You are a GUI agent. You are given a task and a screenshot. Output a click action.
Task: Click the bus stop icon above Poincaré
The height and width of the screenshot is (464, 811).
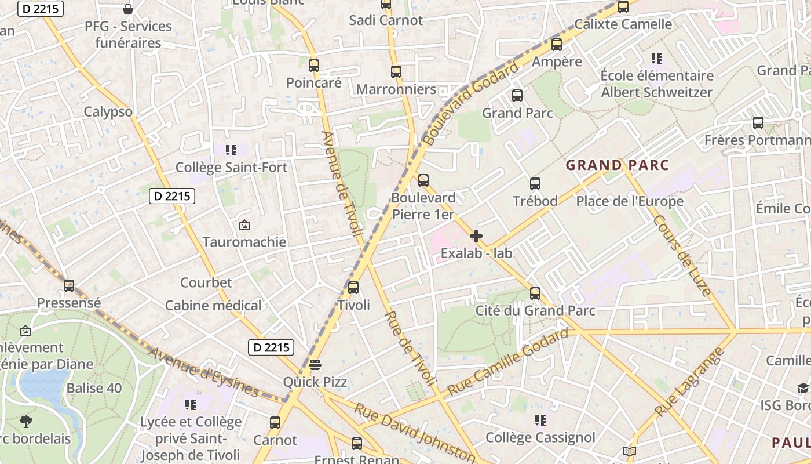[x=314, y=66]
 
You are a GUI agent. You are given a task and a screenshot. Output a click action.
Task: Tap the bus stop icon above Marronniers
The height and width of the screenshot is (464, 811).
[x=396, y=72]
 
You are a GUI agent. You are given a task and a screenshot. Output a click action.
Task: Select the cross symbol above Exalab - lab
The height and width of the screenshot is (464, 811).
[x=476, y=236]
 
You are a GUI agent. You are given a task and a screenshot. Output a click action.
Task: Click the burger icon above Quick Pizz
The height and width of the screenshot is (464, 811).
[x=315, y=365]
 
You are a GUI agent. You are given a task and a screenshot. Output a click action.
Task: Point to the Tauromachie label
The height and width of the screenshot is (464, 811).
[x=244, y=242]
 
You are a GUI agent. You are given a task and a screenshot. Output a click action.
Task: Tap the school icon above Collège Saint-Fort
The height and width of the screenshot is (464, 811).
[x=231, y=150]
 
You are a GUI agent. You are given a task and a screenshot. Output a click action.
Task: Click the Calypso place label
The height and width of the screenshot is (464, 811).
[x=108, y=112]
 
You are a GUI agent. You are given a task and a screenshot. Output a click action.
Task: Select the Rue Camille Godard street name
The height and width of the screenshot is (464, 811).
[x=508, y=362]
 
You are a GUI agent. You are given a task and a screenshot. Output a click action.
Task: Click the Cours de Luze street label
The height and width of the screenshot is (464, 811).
[x=682, y=255]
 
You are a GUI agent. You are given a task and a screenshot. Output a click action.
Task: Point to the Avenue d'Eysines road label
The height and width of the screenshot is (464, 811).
[x=202, y=372]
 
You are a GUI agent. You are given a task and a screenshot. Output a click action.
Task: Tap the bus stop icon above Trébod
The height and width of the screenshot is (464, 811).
[x=535, y=184]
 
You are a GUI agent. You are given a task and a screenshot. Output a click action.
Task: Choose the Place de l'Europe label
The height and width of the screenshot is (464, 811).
[x=630, y=201]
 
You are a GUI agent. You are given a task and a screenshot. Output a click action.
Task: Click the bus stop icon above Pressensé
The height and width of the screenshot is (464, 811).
[x=69, y=285]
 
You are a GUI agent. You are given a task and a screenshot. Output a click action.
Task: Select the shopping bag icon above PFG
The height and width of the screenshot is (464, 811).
[x=128, y=9]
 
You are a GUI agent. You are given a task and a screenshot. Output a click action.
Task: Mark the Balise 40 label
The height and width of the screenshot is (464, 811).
[x=94, y=388]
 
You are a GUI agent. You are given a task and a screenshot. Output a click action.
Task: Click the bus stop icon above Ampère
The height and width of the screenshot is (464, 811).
[x=557, y=44]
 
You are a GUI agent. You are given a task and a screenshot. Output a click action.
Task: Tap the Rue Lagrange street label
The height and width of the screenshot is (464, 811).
[x=690, y=382]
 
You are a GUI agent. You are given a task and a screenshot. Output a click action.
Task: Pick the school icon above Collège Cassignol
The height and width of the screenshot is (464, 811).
[x=540, y=420]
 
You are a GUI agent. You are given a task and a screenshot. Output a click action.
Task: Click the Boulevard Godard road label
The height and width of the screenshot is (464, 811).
[x=470, y=104]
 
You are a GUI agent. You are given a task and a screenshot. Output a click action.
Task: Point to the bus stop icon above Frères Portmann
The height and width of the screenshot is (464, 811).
[x=758, y=123]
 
